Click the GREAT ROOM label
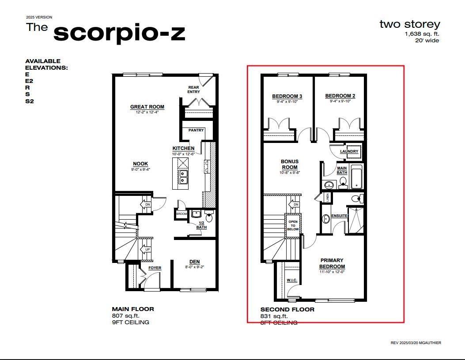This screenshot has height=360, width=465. tap(147, 107)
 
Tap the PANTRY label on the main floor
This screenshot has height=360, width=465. tap(196, 130)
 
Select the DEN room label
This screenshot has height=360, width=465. tap(195, 262)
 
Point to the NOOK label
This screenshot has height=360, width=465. tap(140, 164)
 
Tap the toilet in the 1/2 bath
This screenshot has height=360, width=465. tap(209, 217)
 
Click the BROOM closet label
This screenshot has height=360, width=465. tap(181, 214)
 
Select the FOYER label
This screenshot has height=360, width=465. tap(155, 268)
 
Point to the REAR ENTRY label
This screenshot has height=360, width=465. tap(193, 90)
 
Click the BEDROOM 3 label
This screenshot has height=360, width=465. tap(287, 96)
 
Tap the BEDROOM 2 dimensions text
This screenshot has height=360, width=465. tap(340, 101)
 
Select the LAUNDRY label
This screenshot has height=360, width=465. tap(349, 152)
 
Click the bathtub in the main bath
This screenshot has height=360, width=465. tap(356, 177)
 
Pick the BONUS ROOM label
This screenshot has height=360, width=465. tap(290, 165)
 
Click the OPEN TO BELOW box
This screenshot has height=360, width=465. tap(293, 225)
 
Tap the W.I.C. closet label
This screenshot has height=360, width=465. tap(292, 280)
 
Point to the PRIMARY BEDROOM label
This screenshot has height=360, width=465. tap(332, 263)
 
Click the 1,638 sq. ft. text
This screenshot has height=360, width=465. tap(422, 34)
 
